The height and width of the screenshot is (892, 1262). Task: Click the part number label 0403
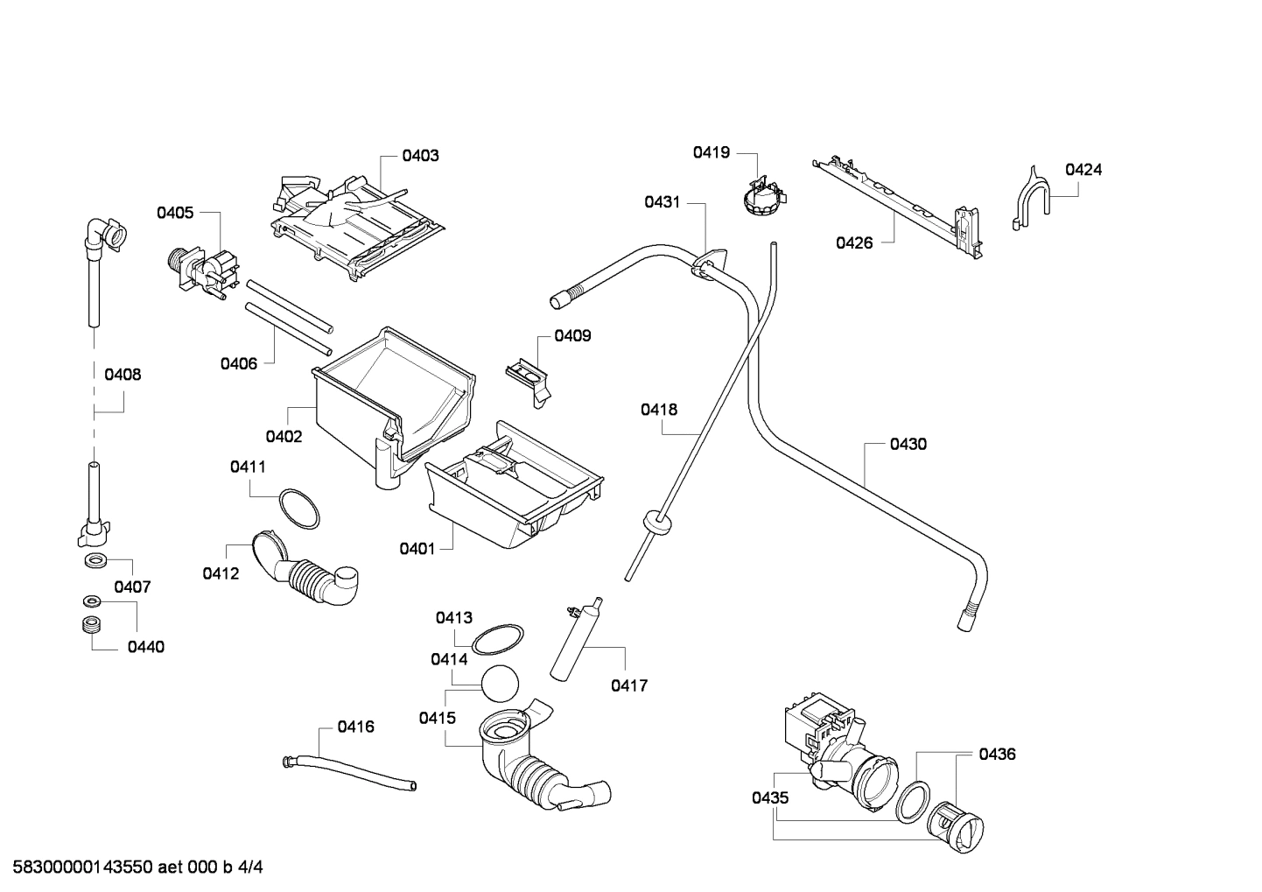[x=420, y=156]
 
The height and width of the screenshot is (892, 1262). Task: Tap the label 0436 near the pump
[x=997, y=754]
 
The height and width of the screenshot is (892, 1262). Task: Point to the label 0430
[x=908, y=444]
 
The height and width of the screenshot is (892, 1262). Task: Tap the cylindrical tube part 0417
[x=574, y=639]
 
